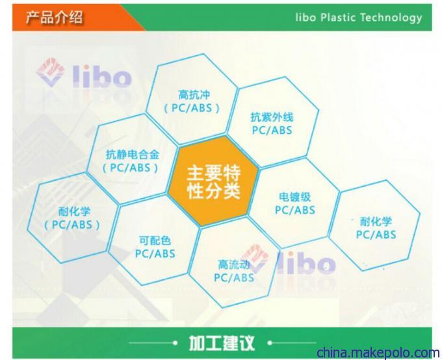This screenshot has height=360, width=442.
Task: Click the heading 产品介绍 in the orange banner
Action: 55,17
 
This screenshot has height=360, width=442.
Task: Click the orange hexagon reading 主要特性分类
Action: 213,181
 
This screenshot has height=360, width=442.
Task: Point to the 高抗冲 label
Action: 194,95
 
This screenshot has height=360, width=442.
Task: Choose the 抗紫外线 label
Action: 272,117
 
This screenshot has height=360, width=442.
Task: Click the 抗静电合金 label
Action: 133,155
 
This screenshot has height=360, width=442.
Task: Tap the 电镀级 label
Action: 295,197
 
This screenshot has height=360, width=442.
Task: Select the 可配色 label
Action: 155,240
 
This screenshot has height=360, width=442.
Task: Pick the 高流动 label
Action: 234,264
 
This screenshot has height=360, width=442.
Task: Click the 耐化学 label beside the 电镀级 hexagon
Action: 376,222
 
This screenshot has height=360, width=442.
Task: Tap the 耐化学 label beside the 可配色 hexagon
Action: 74,211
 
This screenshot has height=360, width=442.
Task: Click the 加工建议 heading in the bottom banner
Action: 222,343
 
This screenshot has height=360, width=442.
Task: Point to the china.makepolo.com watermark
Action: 378,353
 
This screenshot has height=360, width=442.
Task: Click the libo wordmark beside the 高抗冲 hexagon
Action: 102,75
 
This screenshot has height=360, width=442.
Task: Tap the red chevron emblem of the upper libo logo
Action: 50,72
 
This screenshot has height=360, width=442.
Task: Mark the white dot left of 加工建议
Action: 175,343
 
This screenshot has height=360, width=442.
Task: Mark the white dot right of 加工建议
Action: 270,343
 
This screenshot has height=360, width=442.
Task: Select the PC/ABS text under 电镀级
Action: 295,210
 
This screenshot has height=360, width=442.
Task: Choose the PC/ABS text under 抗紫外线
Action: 272,130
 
